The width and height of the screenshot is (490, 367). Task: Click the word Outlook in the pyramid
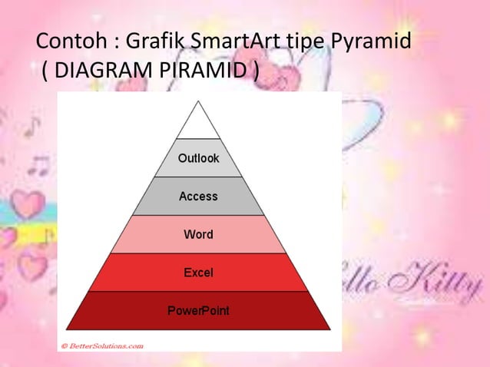coord(198,158)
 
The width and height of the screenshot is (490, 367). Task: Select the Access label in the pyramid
coord(198,197)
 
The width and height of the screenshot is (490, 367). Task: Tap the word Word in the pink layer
coord(198,234)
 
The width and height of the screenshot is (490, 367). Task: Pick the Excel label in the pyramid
coord(198,273)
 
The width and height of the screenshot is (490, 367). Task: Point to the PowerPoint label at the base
coord(198,311)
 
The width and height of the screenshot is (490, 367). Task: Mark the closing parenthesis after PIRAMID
coord(254,73)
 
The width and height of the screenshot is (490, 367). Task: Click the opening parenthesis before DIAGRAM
coord(47,73)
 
